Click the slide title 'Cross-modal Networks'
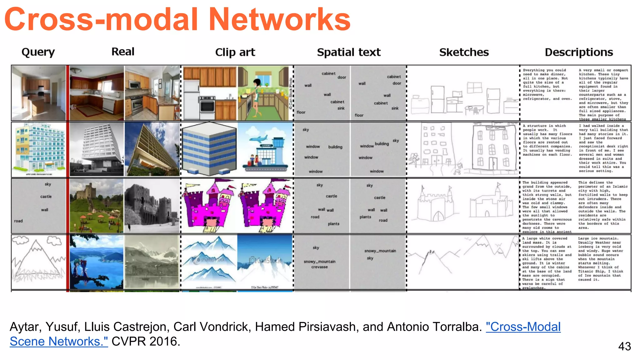tap(177, 19)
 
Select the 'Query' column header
tap(38, 52)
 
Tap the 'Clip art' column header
tap(235, 52)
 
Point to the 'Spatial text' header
tap(349, 52)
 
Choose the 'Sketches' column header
tap(464, 52)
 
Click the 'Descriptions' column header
tap(579, 52)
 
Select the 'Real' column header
tap(123, 52)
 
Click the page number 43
tap(624, 346)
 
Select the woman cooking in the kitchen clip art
tap(257, 94)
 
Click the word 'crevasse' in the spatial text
tap(319, 267)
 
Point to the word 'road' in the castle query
tap(18, 221)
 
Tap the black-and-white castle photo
tap(152, 206)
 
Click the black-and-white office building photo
tap(97, 149)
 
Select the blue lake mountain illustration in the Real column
tap(97, 262)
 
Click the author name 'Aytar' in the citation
tap(26, 327)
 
